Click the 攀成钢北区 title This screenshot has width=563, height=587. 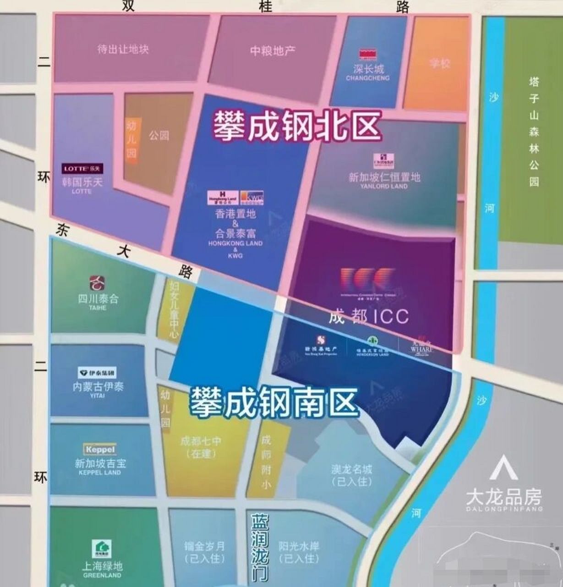[297, 127]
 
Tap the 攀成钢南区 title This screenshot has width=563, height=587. [273, 403]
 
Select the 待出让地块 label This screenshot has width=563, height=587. [123, 49]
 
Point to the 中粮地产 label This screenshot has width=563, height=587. [273, 51]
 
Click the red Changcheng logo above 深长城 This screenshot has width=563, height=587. [368, 54]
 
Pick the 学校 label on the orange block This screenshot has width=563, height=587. [439, 63]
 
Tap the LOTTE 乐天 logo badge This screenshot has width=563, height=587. [83, 168]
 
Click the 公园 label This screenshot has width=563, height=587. [159, 135]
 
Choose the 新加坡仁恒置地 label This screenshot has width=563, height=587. [384, 177]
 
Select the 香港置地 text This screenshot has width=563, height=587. [235, 214]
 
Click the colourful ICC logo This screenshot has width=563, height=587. [367, 277]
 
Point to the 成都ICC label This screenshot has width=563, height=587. [368, 316]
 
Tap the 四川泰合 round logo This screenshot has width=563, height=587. [98, 281]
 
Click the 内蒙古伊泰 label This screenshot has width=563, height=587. [98, 386]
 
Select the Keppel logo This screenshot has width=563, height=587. [99, 449]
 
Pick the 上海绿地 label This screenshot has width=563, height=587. [102, 565]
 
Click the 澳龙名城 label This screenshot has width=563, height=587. [352, 470]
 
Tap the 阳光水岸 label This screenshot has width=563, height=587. [299, 546]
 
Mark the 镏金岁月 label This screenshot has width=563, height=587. [204, 546]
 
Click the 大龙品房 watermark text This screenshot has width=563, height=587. [503, 497]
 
